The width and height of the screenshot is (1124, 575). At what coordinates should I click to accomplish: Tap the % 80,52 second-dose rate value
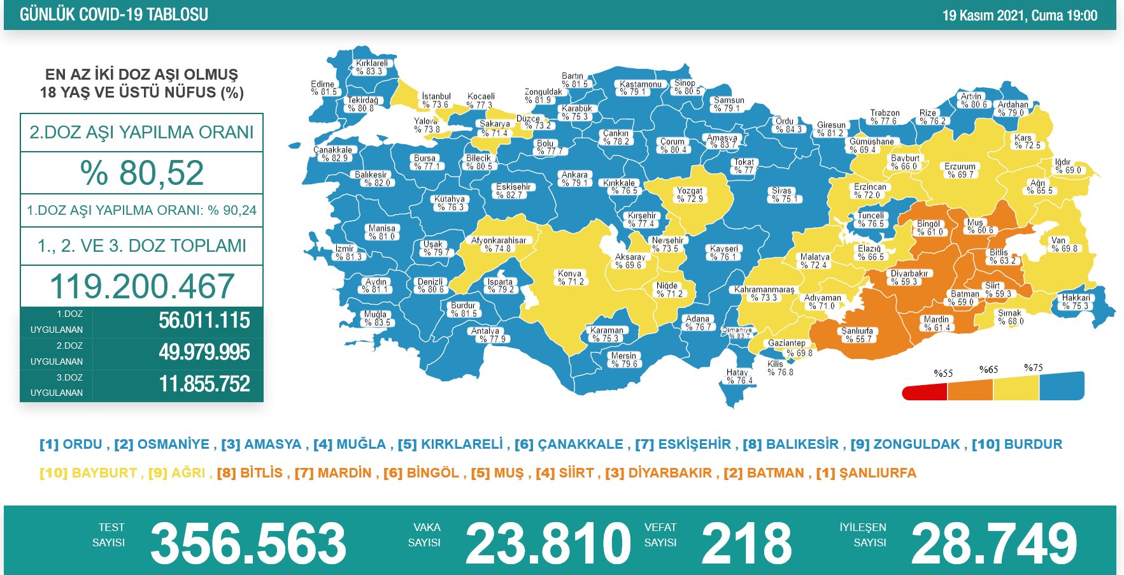click(x=142, y=173)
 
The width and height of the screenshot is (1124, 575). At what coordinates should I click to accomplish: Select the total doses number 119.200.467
click(x=142, y=286)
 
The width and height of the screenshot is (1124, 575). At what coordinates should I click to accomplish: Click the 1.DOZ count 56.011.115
click(x=204, y=321)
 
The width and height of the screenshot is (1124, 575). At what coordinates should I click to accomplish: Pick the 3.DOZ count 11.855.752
click(x=204, y=384)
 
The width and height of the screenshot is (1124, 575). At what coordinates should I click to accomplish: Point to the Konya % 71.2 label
click(x=570, y=277)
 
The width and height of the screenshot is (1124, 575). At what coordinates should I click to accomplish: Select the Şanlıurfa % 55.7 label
click(x=857, y=335)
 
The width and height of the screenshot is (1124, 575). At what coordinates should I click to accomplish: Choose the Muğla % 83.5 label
click(x=376, y=318)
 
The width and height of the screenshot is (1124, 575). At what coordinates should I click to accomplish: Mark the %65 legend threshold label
click(x=988, y=370)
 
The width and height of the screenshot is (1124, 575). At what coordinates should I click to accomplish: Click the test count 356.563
click(x=248, y=543)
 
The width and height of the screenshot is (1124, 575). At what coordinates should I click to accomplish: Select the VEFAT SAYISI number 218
click(x=746, y=543)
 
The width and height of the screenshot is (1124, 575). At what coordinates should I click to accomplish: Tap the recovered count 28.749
click(x=993, y=543)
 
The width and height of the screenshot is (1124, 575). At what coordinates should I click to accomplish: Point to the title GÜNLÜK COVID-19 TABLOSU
click(x=114, y=15)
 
